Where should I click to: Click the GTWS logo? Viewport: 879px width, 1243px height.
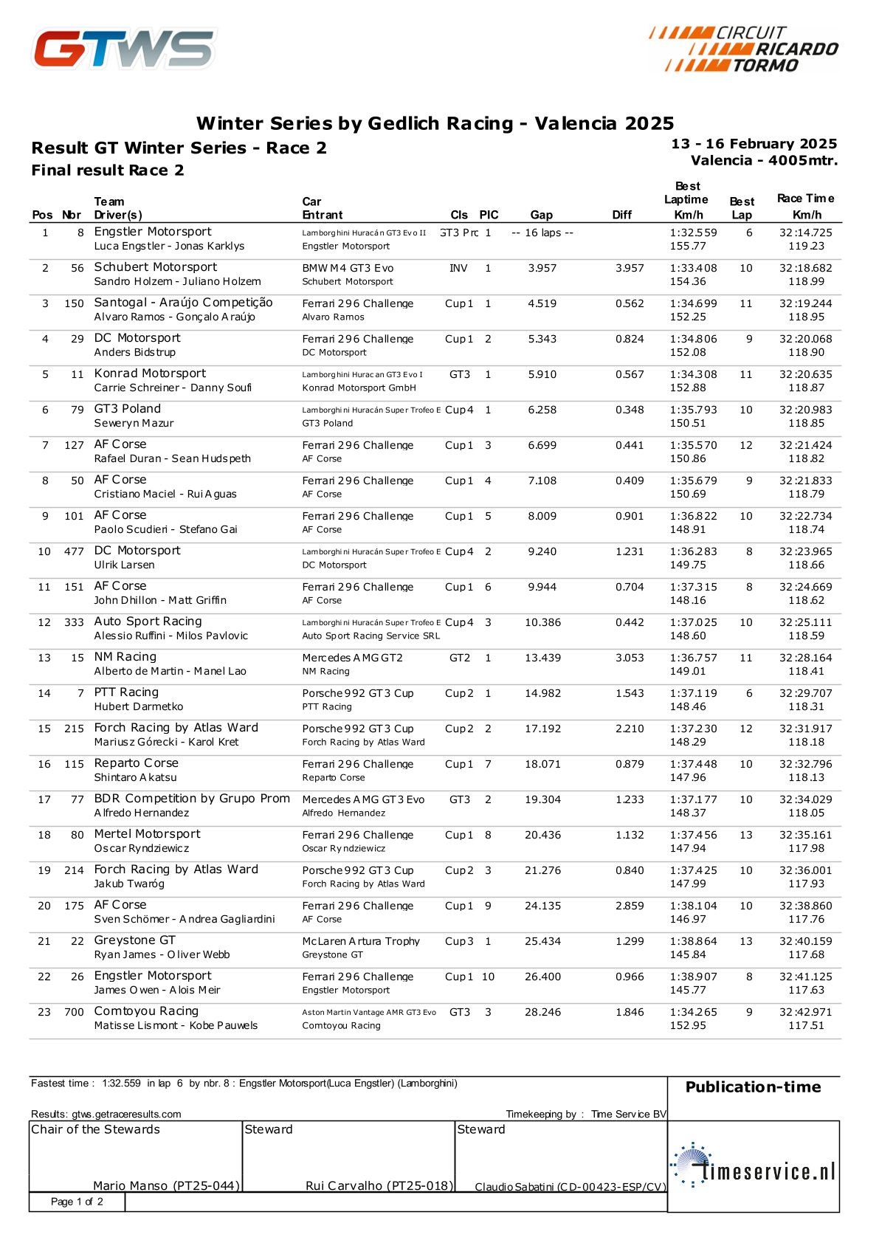124,49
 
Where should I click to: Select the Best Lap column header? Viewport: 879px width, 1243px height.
741,208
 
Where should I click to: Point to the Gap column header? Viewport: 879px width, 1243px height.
541,215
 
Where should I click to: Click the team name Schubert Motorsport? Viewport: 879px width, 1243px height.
156,267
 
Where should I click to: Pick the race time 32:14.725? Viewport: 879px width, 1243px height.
805,233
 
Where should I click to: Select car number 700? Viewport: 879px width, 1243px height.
74,1012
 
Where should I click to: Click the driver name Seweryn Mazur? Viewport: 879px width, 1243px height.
134,423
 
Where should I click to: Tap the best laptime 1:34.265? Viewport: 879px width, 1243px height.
693,1012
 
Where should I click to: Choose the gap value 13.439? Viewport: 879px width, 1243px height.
542,658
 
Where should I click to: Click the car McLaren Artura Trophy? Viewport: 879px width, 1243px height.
361,941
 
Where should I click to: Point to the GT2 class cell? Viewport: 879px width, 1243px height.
459,658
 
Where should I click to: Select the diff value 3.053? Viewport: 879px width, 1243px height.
630,658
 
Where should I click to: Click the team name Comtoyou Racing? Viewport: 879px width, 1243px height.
146,1011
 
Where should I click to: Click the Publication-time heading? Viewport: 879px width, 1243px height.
753,1087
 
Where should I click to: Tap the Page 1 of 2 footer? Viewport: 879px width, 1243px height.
77,1202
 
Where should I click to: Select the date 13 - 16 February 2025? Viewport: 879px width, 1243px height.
754,144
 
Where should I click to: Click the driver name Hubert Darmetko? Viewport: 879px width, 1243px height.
139,706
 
